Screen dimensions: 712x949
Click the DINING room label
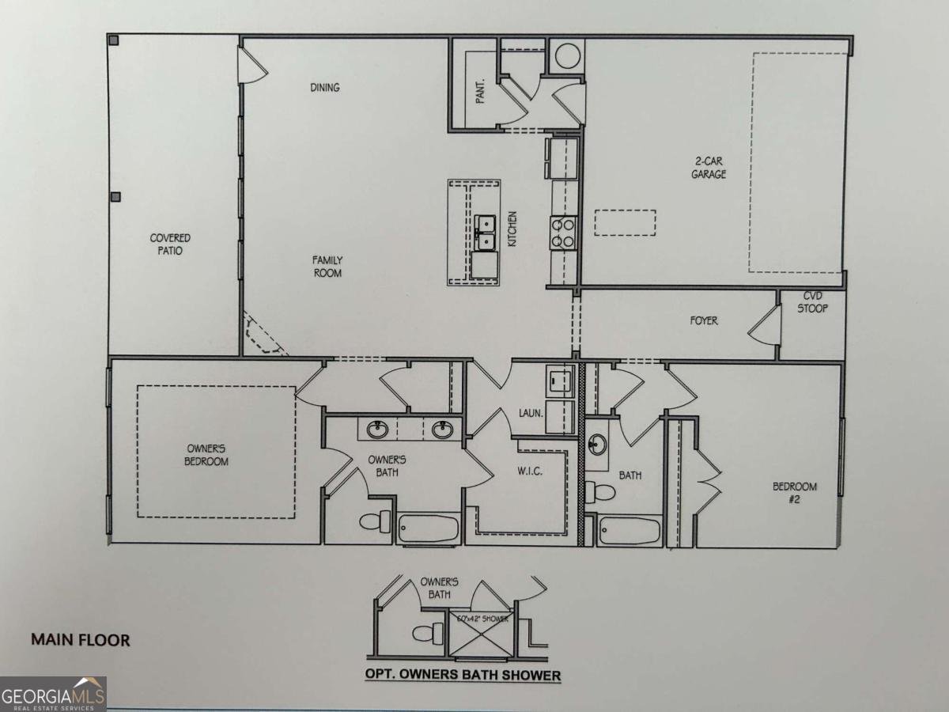(x=325, y=87)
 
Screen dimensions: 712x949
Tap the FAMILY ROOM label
(x=327, y=266)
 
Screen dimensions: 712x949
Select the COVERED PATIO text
(x=171, y=244)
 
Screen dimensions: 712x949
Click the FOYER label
(x=704, y=320)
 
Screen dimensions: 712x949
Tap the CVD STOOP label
(x=812, y=303)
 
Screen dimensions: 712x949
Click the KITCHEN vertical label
(x=512, y=229)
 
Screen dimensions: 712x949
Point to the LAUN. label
(x=529, y=411)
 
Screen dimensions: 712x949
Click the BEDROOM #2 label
(x=795, y=492)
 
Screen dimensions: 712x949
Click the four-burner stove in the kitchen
(x=563, y=233)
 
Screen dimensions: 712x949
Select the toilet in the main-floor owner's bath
(x=375, y=521)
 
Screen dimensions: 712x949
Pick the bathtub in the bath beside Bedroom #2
(x=630, y=530)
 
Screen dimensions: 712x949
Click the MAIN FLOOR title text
(x=80, y=639)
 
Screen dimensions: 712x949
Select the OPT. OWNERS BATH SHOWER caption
(x=463, y=675)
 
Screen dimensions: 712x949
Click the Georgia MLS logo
(x=53, y=694)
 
